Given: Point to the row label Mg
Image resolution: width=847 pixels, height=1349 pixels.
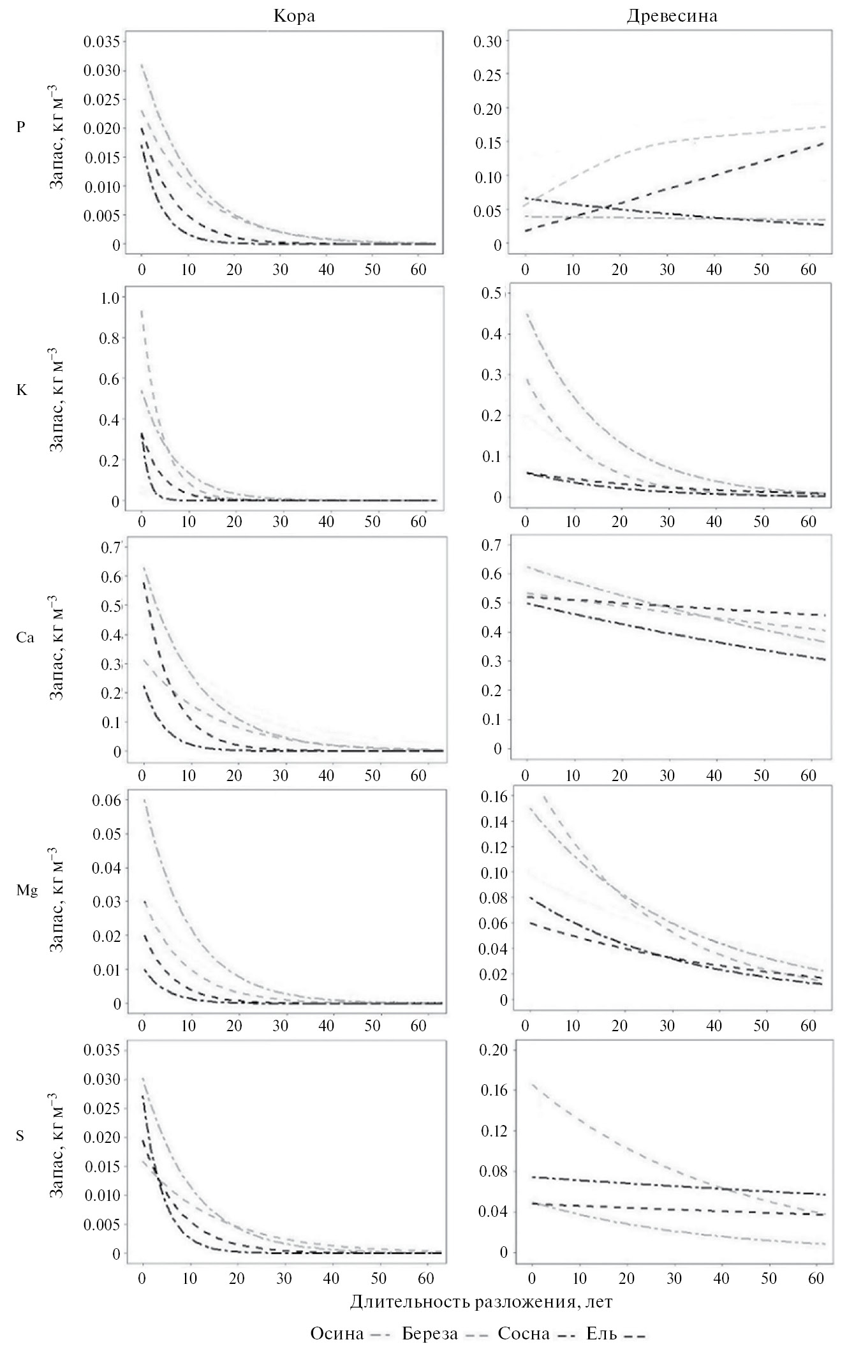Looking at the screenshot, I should [x=27, y=891].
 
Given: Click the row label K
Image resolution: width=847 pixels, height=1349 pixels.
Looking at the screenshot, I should [x=22, y=390].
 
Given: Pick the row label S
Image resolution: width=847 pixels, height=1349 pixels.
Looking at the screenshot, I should [x=20, y=1137].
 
